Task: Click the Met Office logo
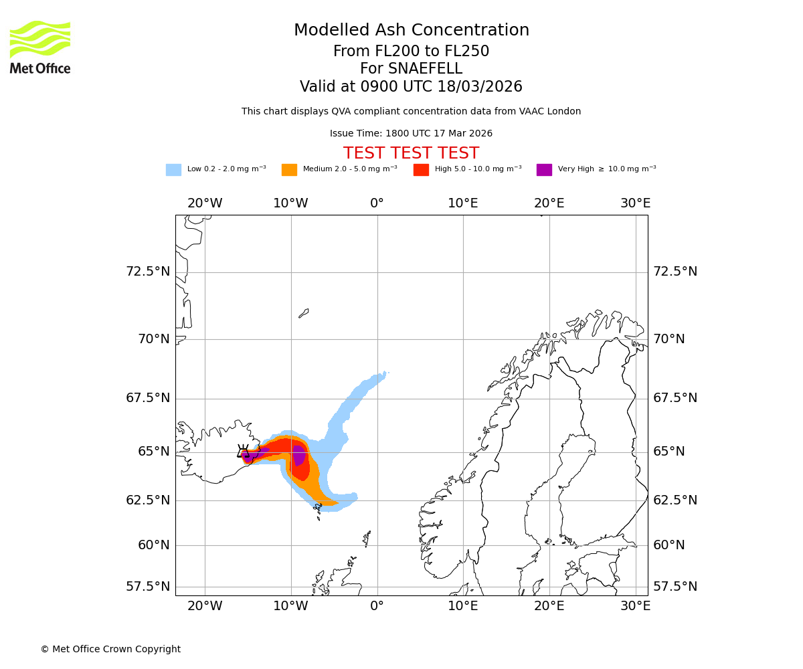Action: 40,47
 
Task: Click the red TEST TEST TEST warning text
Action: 411,154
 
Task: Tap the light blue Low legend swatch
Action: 173,170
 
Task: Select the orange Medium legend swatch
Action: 289,170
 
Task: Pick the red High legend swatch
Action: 421,170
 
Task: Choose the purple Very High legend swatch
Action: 544,170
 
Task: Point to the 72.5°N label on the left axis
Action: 148,272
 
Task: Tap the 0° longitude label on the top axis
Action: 377,203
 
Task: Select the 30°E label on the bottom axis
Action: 635,606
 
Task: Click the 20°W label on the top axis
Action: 205,203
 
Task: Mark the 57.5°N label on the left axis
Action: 148,587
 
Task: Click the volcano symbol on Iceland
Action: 244,452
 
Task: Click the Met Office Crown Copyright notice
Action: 110,650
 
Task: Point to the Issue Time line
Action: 411,134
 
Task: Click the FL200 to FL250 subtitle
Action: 411,52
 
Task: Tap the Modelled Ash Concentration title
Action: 411,30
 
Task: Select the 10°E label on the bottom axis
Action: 463,606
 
